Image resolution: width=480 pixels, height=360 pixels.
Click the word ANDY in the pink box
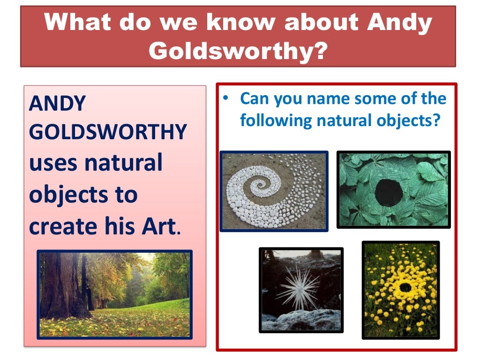tap(57, 103)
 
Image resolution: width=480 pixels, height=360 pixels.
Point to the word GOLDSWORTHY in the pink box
tap(107, 133)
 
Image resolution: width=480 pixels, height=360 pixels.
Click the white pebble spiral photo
tap(274, 191)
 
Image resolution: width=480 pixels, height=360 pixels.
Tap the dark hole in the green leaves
tap(389, 193)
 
